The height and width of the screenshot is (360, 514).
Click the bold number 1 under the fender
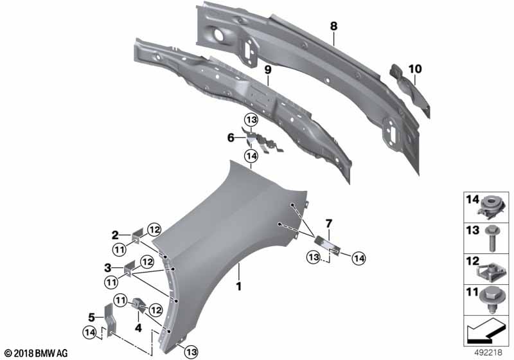pyautogui.click(x=239, y=286)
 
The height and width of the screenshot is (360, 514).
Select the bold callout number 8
pyautogui.click(x=333, y=26)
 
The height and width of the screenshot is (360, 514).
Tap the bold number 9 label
pyautogui.click(x=268, y=69)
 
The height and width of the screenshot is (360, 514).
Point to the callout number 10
pyautogui.click(x=415, y=69)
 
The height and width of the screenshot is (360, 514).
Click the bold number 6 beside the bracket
pyautogui.click(x=231, y=138)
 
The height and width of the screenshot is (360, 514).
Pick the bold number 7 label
pyautogui.click(x=328, y=224)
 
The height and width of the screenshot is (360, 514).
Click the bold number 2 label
pyautogui.click(x=115, y=235)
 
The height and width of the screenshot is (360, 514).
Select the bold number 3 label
pyautogui.click(x=108, y=268)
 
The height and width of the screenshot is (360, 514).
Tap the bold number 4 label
pyautogui.click(x=138, y=328)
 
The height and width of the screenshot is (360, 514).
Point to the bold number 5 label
pyautogui.click(x=91, y=318)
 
